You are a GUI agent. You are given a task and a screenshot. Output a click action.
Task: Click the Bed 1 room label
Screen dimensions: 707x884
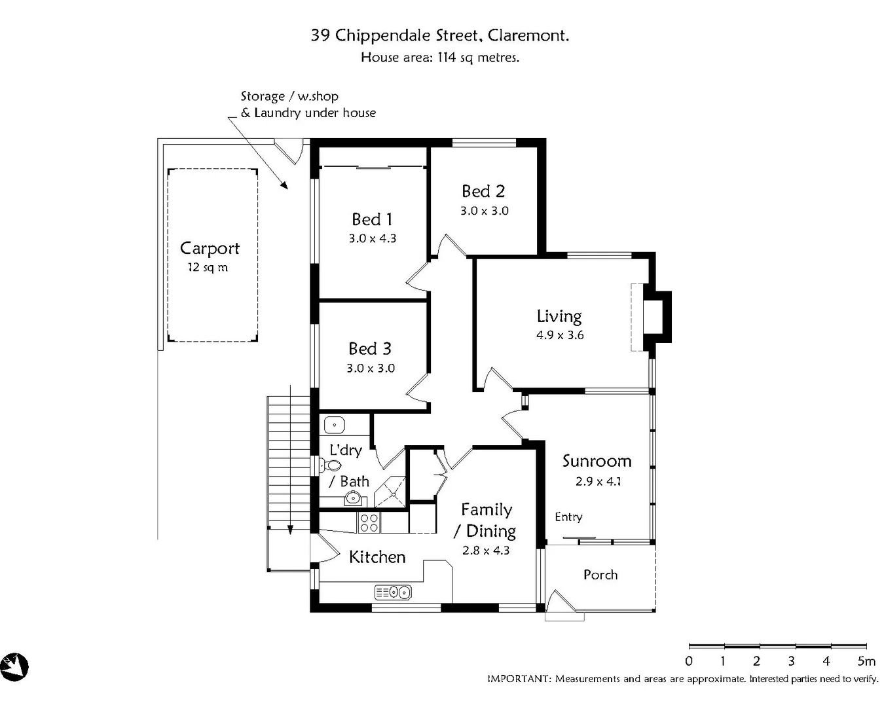point(372,219)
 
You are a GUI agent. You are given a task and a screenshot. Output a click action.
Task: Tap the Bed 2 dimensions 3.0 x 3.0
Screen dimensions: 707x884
point(484,211)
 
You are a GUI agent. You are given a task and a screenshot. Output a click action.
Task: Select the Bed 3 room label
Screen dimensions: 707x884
point(370,348)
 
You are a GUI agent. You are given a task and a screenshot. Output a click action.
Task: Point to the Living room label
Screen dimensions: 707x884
point(559,316)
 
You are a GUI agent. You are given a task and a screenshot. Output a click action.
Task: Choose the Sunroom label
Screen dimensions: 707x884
point(597,461)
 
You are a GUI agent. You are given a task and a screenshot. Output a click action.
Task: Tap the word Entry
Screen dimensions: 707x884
point(568,517)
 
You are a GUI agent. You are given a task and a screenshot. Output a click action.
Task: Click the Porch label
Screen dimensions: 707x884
point(600,575)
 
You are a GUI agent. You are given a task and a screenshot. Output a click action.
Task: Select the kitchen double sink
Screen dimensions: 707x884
point(393,592)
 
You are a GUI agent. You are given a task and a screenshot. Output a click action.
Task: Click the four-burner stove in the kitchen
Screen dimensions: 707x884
point(369,522)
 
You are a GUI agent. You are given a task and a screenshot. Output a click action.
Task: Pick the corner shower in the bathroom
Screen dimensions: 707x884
point(392,492)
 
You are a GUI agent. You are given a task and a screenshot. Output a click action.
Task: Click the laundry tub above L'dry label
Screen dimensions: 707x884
point(335,425)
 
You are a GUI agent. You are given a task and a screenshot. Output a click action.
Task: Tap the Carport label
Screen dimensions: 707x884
point(210,249)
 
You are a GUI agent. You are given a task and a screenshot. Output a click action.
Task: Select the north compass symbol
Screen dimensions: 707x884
point(14,667)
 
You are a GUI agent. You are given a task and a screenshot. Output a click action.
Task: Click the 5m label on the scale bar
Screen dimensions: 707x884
point(866,661)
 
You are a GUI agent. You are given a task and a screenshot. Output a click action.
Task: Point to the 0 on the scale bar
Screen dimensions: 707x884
point(689,661)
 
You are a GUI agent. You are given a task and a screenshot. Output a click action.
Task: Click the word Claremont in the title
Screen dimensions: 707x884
point(528,35)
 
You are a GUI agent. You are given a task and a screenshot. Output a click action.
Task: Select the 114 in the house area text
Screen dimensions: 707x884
point(447,58)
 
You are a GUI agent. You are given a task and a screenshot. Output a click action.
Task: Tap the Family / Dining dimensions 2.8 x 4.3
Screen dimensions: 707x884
point(486,551)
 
